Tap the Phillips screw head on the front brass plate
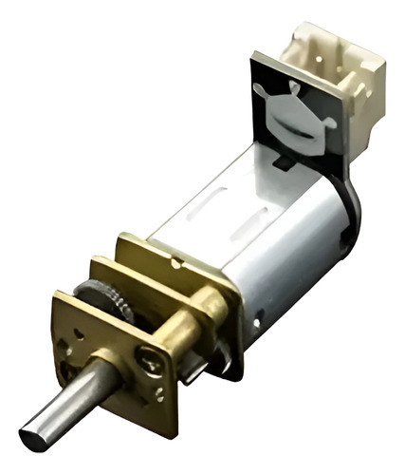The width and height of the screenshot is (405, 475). click(151, 359)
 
